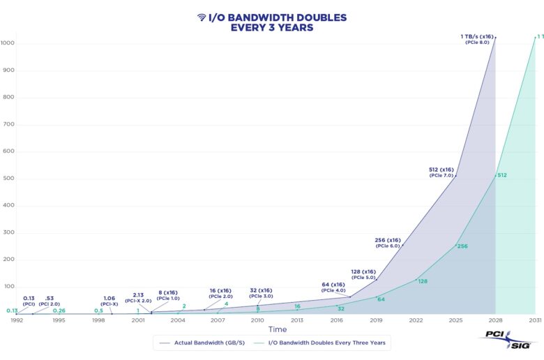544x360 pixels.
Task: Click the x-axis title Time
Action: click(x=277, y=329)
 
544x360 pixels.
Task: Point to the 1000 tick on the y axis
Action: click(x=8, y=43)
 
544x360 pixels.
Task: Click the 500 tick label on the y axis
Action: click(x=8, y=179)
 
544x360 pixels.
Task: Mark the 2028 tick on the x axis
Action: click(x=495, y=320)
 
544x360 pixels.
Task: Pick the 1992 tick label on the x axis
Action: click(x=17, y=320)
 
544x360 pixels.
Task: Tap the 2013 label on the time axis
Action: click(x=296, y=320)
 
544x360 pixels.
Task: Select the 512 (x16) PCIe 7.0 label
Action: click(x=441, y=172)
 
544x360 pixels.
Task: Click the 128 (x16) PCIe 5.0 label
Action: click(x=363, y=273)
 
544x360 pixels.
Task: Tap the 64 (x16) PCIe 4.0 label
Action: click(x=334, y=287)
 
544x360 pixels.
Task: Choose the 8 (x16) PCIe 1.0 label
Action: click(x=168, y=295)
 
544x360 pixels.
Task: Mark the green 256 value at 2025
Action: click(x=462, y=246)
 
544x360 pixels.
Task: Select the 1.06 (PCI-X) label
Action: click(x=109, y=301)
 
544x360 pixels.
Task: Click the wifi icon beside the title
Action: click(x=201, y=17)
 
